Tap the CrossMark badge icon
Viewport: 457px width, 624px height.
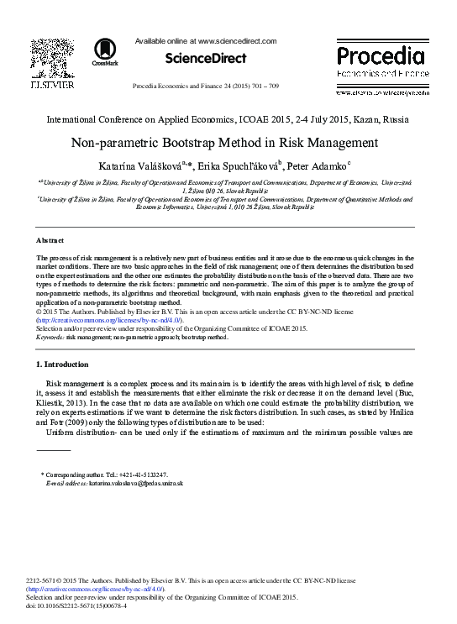(105, 52)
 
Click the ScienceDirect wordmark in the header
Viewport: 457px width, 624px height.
(205, 59)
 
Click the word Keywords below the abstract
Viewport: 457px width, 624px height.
(50, 336)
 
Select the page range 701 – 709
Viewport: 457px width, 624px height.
(279, 87)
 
